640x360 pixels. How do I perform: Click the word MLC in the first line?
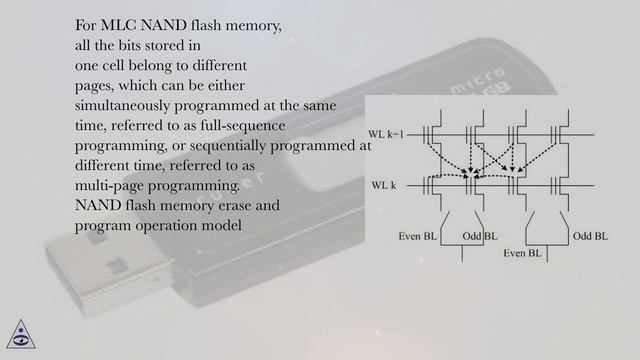[x=120, y=26]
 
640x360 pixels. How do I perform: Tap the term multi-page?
[x=110, y=185]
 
